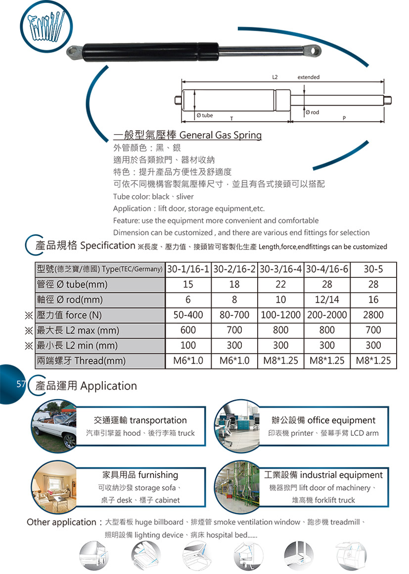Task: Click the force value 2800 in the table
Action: pyautogui.click(x=373, y=315)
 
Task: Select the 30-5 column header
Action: pyautogui.click(x=373, y=270)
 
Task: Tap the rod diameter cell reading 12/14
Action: pyautogui.click(x=327, y=300)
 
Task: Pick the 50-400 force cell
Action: pyautogui.click(x=188, y=315)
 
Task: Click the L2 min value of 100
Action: pyautogui.click(x=188, y=345)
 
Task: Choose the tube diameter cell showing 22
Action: pyautogui.click(x=280, y=285)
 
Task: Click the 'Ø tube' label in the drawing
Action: pyautogui.click(x=205, y=115)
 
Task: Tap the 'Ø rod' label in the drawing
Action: pyautogui.click(x=313, y=112)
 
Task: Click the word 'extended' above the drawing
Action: pyautogui.click(x=308, y=77)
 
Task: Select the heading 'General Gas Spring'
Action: pyautogui.click(x=220, y=135)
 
